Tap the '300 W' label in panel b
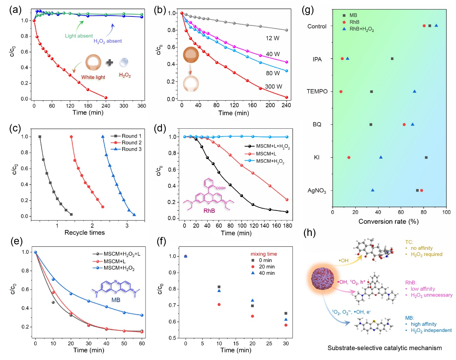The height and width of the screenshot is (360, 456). coord(274,87)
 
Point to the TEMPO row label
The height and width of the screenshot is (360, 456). coord(317,91)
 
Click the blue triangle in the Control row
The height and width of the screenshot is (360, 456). coord(436,25)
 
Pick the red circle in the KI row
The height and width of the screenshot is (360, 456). coord(349,157)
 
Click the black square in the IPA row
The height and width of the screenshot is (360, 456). coord(392,59)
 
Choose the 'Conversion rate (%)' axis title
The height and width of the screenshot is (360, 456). coord(388,221)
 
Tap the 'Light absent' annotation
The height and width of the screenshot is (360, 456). coord(79,36)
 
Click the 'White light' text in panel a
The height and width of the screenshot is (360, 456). coord(93,77)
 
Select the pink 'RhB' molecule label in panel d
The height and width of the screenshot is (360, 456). coord(209,211)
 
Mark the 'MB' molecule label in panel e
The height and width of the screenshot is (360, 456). coord(116,300)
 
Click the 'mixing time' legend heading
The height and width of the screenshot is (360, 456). coord(264,254)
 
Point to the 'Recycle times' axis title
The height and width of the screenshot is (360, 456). coord(84,233)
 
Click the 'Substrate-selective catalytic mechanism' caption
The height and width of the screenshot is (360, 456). coord(384,348)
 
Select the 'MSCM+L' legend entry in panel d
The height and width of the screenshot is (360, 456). coord(266,154)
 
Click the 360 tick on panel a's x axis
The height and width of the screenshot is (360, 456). coord(142,106)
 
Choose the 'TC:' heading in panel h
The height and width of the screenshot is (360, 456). coord(409,242)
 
